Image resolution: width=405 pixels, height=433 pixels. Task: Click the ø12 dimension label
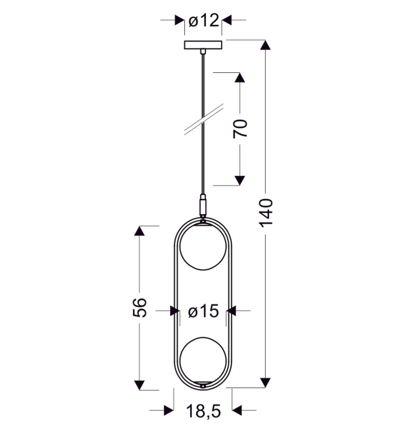tap(204, 21)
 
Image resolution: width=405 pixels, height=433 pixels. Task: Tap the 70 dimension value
tap(240, 129)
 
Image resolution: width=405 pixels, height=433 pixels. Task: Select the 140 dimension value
tap(266, 213)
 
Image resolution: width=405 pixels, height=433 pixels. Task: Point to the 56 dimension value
tap(139, 307)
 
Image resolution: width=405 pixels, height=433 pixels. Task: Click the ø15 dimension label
tap(203, 311)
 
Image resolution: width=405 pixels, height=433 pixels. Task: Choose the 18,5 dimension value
tap(203, 411)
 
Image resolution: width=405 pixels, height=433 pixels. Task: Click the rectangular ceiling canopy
tap(203, 45)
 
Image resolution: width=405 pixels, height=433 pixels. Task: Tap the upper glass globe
tap(203, 247)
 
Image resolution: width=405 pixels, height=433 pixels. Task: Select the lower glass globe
tap(203, 360)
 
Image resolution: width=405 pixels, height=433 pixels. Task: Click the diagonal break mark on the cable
tap(204, 120)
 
